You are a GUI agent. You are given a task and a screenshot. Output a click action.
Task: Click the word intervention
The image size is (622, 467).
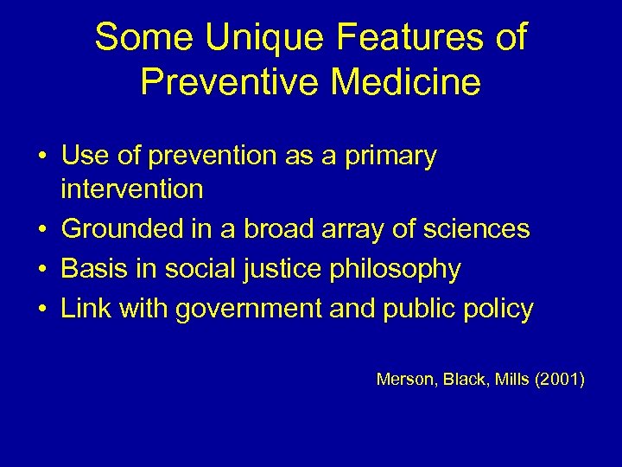pos(132,189)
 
